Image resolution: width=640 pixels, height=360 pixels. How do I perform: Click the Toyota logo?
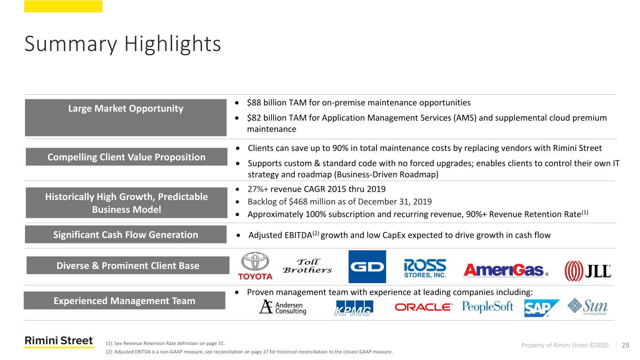255,266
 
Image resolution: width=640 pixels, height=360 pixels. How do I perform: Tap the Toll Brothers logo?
307,266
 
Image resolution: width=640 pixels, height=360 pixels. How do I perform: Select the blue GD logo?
367,266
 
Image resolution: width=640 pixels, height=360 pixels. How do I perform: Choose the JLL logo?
587,270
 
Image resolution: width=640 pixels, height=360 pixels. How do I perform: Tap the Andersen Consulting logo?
282,307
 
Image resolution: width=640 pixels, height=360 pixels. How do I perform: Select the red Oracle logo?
423,307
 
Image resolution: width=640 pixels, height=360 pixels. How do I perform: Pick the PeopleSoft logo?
488,307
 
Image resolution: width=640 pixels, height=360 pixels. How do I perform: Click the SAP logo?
541,308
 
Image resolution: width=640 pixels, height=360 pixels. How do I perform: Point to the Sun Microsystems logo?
587,307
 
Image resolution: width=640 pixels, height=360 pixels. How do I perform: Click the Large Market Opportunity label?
126,109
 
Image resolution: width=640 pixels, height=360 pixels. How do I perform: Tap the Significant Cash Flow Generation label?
126,234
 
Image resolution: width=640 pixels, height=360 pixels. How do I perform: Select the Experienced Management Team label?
124,301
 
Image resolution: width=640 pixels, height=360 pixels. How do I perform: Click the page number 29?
625,345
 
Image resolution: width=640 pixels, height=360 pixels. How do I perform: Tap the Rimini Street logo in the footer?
59,342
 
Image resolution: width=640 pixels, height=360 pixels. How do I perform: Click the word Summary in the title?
68,45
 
